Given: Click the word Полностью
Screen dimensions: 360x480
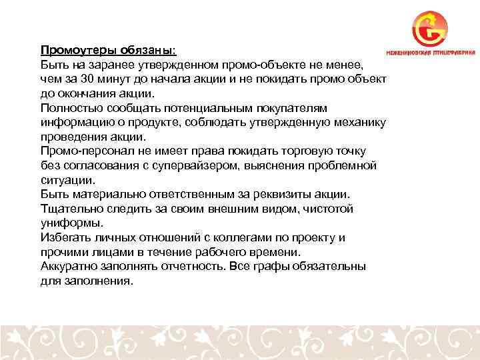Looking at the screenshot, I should pyautogui.click(x=69, y=108).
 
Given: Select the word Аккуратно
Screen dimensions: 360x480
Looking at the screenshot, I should pyautogui.click(x=70, y=267).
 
